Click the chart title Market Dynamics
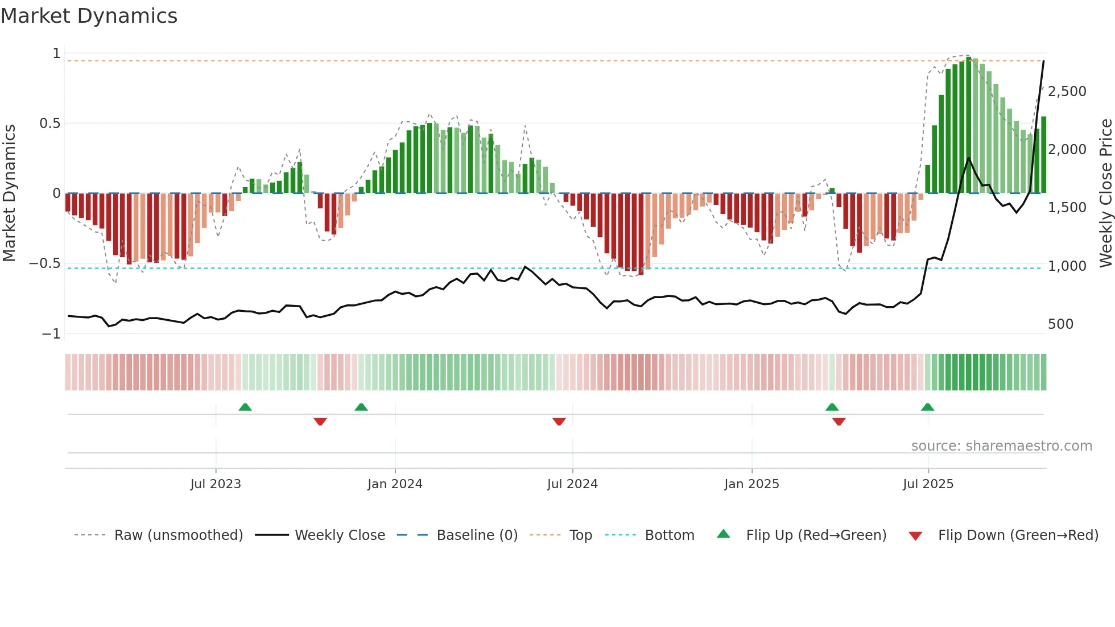pyautogui.click(x=89, y=16)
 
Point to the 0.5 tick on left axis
pyautogui.click(x=49, y=123)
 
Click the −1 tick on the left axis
pyautogui.click(x=51, y=334)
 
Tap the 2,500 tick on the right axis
pyautogui.click(x=1067, y=92)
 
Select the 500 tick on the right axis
pyautogui.click(x=1060, y=324)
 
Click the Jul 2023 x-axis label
pyautogui.click(x=216, y=484)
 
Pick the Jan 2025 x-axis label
pyautogui.click(x=751, y=484)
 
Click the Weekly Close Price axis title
pyautogui.click(x=1105, y=193)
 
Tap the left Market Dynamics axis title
pyautogui.click(x=9, y=193)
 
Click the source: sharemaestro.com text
pyautogui.click(x=1001, y=446)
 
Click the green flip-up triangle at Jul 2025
pyautogui.click(x=927, y=407)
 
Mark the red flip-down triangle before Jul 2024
pyautogui.click(x=559, y=421)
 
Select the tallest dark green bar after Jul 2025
pyautogui.click(x=968, y=125)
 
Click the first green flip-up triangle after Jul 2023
pyautogui.click(x=245, y=407)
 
